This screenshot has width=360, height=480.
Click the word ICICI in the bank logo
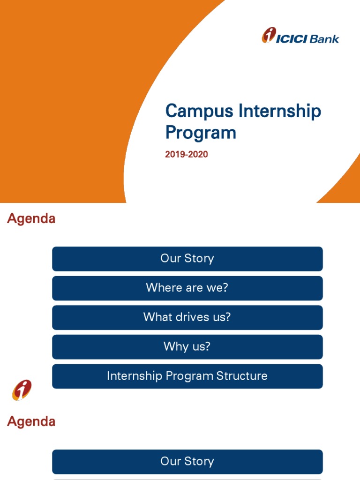(x=292, y=39)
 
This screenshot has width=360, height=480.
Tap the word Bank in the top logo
(x=324, y=39)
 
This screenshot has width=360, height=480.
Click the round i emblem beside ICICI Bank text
(x=269, y=35)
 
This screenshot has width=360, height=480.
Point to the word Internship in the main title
(x=280, y=111)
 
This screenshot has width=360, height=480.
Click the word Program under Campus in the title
(x=201, y=133)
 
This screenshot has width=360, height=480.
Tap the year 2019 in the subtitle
(x=174, y=154)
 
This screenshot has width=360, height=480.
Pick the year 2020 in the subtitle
(x=198, y=154)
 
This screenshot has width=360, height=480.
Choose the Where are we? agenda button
(x=187, y=288)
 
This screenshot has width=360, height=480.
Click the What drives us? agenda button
(x=187, y=317)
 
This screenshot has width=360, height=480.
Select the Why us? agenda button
(x=187, y=347)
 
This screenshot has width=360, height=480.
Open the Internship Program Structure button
(x=187, y=376)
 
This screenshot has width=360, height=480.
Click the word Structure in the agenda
(x=242, y=376)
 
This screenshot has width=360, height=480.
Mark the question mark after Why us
(x=207, y=346)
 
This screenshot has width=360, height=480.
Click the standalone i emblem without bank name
(x=22, y=390)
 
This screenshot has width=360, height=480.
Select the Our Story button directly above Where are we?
(x=187, y=259)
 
